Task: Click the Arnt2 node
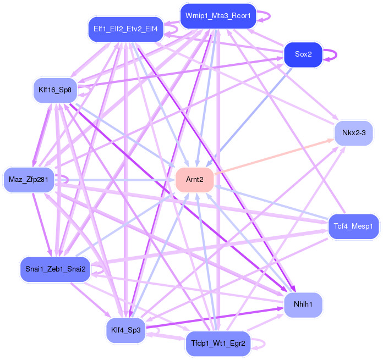pyautogui.click(x=194, y=180)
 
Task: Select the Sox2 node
pyautogui.click(x=303, y=54)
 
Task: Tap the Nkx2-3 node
pyautogui.click(x=357, y=132)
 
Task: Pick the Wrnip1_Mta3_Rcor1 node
pyautogui.click(x=218, y=16)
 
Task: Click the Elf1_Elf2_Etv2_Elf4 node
pyautogui.click(x=125, y=29)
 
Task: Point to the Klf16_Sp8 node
pyautogui.click(x=54, y=90)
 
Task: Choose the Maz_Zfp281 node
pyautogui.click(x=29, y=180)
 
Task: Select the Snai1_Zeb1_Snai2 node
pyautogui.click(x=55, y=269)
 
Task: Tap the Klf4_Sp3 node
pyautogui.click(x=125, y=330)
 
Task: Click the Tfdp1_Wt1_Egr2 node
pyautogui.click(x=218, y=344)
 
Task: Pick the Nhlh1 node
pyautogui.click(x=303, y=304)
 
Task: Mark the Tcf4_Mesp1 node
pyautogui.click(x=353, y=226)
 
